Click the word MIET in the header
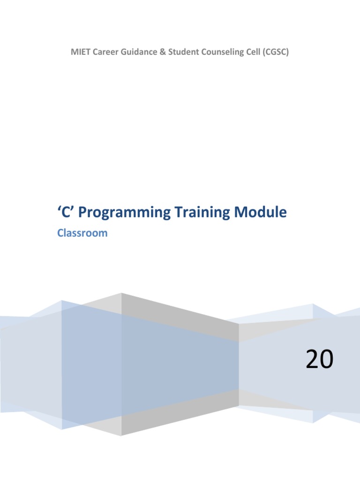point(79,52)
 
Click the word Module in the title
point(261,212)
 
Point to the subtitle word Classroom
point(82,233)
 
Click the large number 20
point(319,360)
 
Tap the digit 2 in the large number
point(312,360)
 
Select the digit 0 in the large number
point(327,360)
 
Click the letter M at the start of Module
point(242,212)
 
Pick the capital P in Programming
point(82,212)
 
